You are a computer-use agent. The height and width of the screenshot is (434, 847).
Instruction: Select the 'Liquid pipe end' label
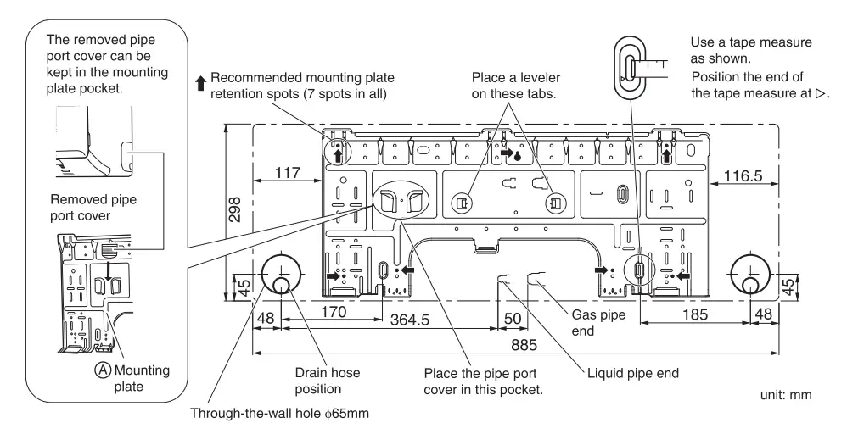pyautogui.click(x=632, y=371)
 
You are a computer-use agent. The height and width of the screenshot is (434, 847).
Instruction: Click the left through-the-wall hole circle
pyautogui.click(x=279, y=274)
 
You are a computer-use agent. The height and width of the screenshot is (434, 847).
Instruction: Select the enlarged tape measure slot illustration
pyautogui.click(x=629, y=64)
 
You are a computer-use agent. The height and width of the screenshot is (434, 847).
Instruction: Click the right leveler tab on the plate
pyautogui.click(x=554, y=203)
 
